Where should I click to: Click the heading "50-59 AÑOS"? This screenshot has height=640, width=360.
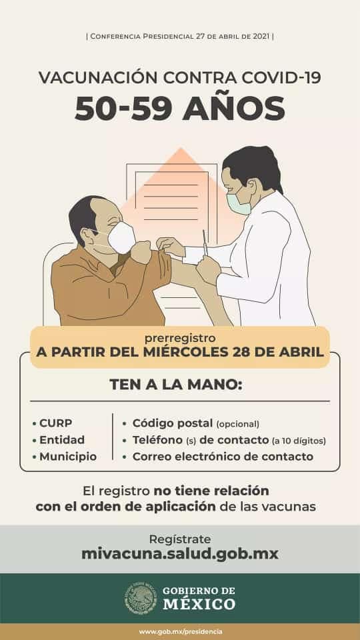(x=180, y=109)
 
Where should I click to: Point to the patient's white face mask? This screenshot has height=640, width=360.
(x=121, y=237)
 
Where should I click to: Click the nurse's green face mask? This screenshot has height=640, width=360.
(x=239, y=204)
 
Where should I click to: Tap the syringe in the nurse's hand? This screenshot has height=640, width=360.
(x=205, y=243)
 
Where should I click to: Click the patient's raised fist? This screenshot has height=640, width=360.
(x=141, y=252)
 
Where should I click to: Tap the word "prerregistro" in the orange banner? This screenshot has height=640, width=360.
(x=179, y=339)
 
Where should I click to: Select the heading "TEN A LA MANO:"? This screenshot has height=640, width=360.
(x=176, y=385)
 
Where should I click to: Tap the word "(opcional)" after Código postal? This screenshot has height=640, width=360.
(x=237, y=424)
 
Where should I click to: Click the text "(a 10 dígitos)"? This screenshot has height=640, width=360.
(x=299, y=441)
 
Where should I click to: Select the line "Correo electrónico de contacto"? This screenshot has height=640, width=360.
(x=223, y=457)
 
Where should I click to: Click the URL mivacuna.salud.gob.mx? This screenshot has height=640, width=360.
(x=180, y=554)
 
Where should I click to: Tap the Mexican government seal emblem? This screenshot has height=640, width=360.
(x=141, y=599)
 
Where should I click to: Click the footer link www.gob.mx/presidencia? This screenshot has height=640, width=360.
(x=180, y=632)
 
